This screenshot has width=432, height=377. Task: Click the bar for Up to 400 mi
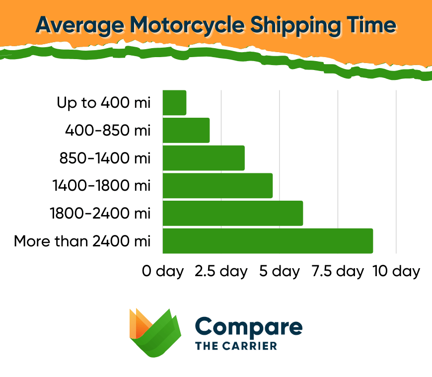coord(174,103)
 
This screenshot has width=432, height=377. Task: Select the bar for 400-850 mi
coord(186,131)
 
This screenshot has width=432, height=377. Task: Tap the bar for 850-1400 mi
coord(204,158)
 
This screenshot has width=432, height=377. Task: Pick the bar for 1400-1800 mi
coord(217,186)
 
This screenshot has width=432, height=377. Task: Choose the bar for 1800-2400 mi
coord(233,214)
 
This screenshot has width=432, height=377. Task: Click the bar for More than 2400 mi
coord(268,241)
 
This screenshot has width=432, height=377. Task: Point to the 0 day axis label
coord(163,271)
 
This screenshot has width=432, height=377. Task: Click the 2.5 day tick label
coord(221,271)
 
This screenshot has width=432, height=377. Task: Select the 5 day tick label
coord(280,271)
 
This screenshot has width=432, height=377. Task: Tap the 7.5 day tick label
coord(338,271)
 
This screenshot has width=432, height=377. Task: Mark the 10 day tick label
coord(396,271)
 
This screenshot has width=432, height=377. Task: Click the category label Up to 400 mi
coord(103,103)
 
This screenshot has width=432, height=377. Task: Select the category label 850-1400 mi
coord(104,158)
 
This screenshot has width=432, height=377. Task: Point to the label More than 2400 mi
coord(82,241)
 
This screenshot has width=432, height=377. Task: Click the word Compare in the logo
coord(249,327)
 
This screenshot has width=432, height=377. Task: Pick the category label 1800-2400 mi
coord(100,214)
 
